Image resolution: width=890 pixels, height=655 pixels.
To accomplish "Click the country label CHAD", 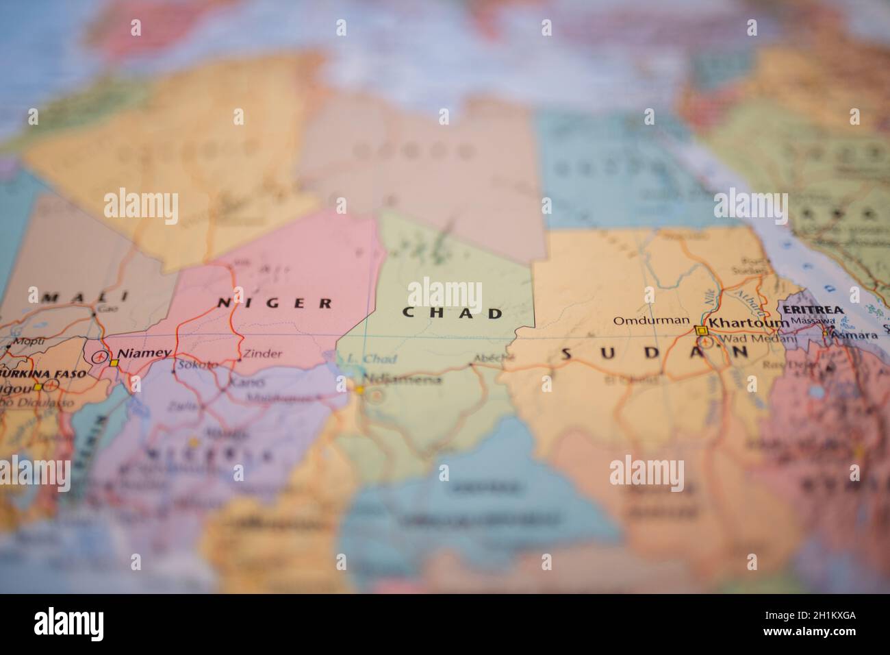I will coord(453,314).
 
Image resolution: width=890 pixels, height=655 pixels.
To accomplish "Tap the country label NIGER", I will coord(275,303).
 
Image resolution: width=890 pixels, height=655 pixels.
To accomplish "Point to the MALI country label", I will coord(79,297).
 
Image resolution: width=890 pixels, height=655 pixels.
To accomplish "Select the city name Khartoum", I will coord(739,322).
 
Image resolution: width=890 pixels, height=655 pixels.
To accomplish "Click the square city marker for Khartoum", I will coord(701,331).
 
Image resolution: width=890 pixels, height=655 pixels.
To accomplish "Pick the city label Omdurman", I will coord(651,320).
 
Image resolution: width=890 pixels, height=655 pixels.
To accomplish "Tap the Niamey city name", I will coord(144,354).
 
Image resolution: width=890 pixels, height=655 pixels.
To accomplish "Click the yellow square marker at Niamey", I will coord(114,363).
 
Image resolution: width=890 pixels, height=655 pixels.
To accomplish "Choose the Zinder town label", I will coord(262,354).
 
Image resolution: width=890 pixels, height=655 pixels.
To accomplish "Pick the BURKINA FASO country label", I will coord(42,374).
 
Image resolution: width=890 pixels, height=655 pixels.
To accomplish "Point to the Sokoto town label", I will coord(197,364).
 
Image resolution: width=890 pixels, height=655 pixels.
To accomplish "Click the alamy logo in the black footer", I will coord(70,623).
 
